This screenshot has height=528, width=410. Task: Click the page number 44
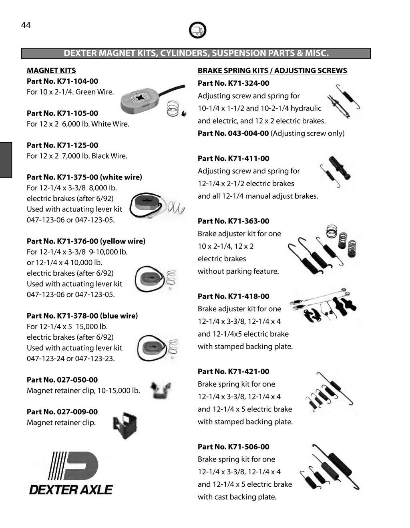[x=26, y=25]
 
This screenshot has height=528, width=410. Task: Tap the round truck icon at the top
[x=197, y=30]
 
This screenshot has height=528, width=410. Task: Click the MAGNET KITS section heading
[x=51, y=71]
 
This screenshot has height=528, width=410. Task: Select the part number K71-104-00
[x=62, y=81]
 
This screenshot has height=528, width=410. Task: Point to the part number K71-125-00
[x=62, y=145]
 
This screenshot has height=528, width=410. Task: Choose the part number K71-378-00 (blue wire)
[x=82, y=316]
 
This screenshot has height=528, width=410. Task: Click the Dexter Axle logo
[x=71, y=473]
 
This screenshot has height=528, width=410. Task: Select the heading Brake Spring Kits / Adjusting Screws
[x=272, y=71]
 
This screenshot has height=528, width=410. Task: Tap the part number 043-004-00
[x=233, y=133]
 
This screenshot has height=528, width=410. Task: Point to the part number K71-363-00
[x=233, y=221]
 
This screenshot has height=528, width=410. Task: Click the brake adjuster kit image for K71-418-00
[x=324, y=305]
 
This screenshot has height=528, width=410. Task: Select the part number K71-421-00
[x=233, y=371]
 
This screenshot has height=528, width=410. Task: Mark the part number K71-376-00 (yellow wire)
[x=86, y=241]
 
